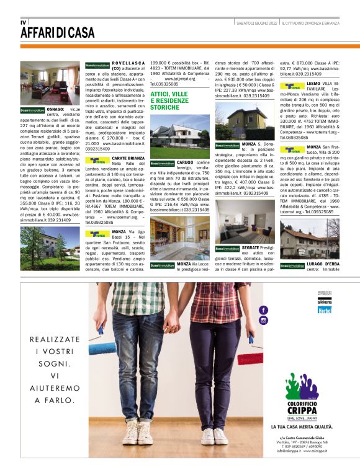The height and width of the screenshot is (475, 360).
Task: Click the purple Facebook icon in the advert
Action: [264, 309]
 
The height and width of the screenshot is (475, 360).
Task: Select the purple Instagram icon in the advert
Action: [264, 320]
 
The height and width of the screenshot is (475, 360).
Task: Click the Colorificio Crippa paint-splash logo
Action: [302, 388]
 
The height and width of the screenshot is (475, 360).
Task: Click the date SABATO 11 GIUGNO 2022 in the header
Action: [256, 22]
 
